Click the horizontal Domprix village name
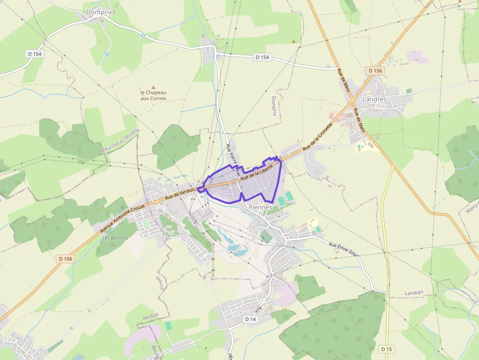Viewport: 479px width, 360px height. (x=99, y=12)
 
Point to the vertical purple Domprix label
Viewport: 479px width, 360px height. (x=274, y=106)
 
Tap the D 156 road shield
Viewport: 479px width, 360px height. (x=375, y=71)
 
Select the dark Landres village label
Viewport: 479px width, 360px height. (x=374, y=99)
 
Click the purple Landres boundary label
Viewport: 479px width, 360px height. (x=414, y=293)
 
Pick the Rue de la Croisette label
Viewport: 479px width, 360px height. (x=317, y=136)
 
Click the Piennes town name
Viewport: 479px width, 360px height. (x=260, y=207)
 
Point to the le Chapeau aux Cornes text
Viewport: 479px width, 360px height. (x=153, y=95)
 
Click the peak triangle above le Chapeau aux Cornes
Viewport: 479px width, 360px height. (x=153, y=87)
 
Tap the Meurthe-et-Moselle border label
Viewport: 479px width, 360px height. (x=120, y=141)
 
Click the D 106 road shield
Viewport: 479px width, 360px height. (x=65, y=258)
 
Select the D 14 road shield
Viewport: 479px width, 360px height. (x=250, y=319)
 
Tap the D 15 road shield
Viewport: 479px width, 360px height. (x=387, y=349)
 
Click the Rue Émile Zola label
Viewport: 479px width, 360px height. (x=345, y=248)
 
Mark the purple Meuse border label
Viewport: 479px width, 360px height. (x=160, y=283)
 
